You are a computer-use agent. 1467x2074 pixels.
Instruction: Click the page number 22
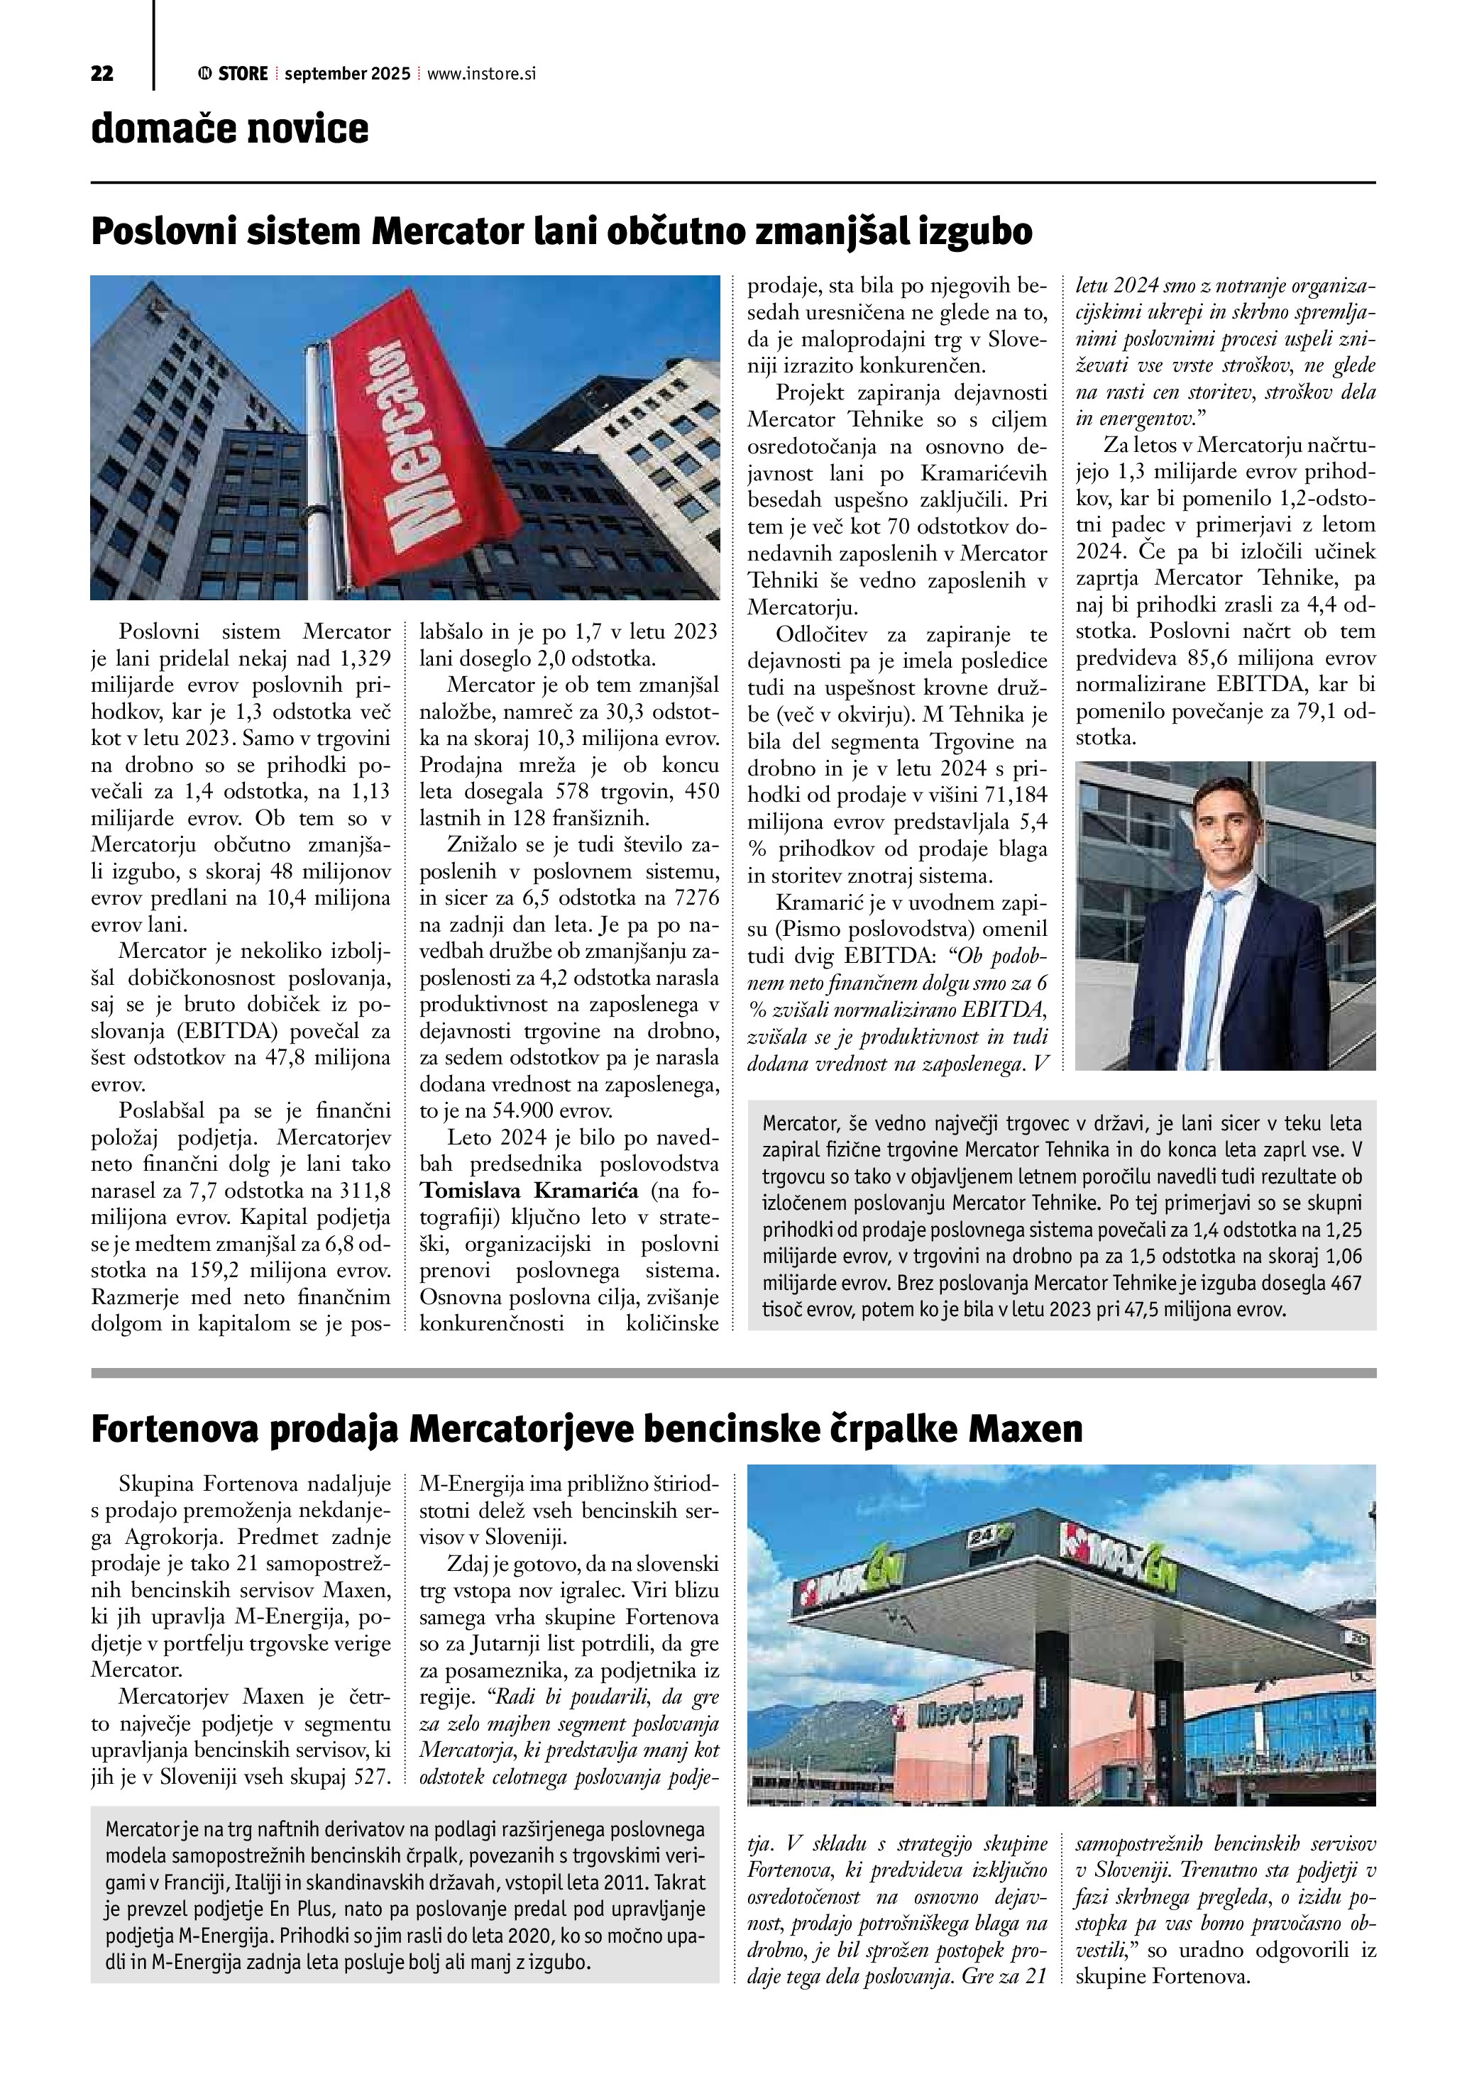[x=102, y=74]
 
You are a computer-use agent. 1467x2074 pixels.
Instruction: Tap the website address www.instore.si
[x=480, y=74]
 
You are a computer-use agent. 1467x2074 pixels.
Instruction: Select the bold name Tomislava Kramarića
[x=529, y=1191]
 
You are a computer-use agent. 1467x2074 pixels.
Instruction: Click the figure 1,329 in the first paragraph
[x=366, y=658]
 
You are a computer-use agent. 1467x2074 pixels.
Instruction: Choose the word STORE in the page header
[x=242, y=74]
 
